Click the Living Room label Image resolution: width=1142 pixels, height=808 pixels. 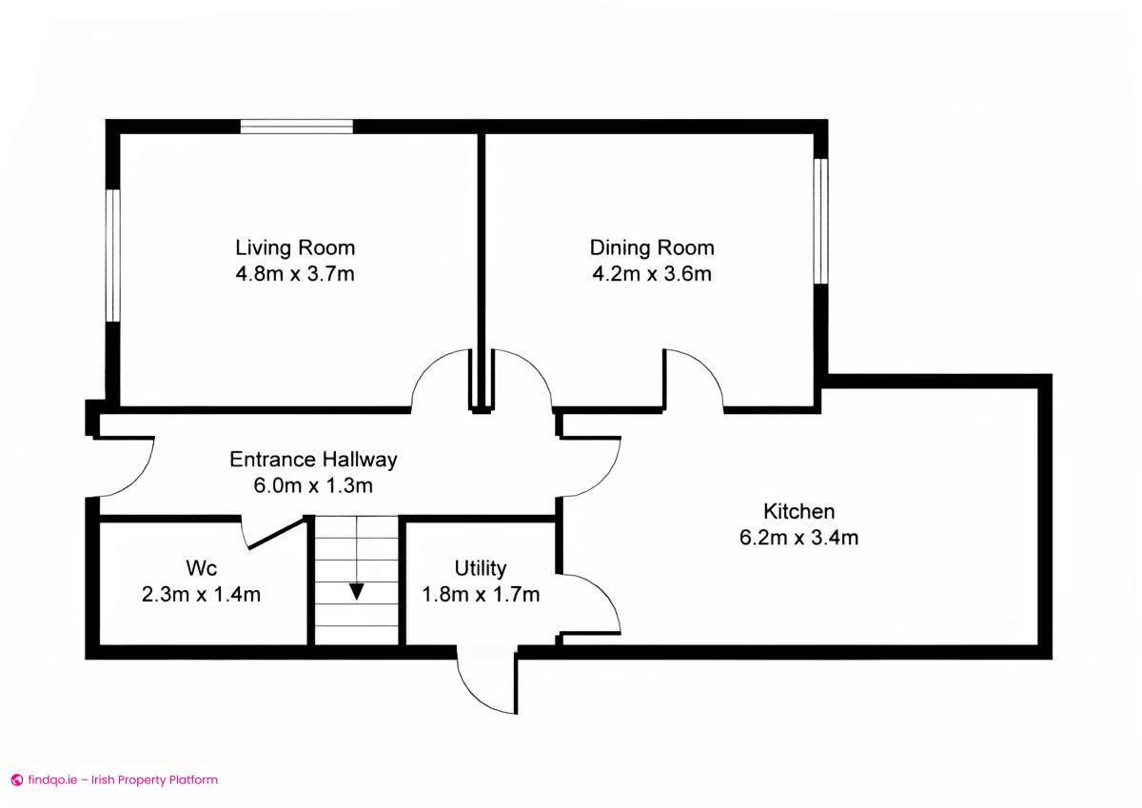click(295, 248)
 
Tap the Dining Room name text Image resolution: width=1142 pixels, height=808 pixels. click(652, 248)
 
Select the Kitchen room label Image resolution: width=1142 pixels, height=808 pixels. click(799, 511)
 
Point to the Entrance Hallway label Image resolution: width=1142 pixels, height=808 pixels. click(313, 460)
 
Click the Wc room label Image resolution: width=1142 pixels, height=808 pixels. click(201, 569)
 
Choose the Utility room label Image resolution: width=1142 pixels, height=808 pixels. click(481, 569)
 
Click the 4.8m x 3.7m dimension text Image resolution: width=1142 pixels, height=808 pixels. click(295, 275)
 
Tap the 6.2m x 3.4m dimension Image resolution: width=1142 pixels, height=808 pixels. click(799, 538)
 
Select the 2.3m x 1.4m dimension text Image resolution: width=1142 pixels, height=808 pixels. click(201, 596)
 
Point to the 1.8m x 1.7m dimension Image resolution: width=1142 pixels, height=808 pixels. click(481, 596)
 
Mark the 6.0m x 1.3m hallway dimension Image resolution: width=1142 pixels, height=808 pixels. click(313, 485)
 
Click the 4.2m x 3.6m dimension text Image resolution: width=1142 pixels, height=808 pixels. click(652, 275)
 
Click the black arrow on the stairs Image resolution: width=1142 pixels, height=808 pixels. click(356, 590)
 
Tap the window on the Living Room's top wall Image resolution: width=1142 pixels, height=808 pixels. click(296, 127)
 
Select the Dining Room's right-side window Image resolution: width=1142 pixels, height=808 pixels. click(820, 220)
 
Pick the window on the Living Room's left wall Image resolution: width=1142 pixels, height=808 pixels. click(112, 255)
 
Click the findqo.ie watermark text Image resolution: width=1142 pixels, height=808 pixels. click(114, 779)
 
